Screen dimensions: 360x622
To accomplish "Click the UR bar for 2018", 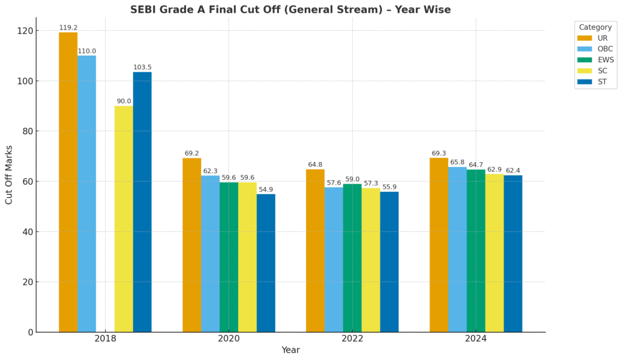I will [x=68, y=182].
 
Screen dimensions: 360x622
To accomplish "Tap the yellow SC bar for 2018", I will [x=124, y=219].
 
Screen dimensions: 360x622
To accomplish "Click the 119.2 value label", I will [x=68, y=28].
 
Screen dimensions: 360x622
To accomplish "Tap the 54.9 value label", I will [x=266, y=189].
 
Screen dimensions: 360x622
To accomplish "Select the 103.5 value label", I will [x=142, y=67].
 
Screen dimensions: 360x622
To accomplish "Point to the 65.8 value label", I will [x=457, y=162].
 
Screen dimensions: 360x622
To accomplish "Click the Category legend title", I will [x=595, y=27].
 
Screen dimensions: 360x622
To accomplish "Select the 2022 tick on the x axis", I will [x=352, y=338].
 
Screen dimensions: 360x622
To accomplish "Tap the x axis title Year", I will [x=290, y=350].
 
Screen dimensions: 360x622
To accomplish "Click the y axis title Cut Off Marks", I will [x=9, y=174].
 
